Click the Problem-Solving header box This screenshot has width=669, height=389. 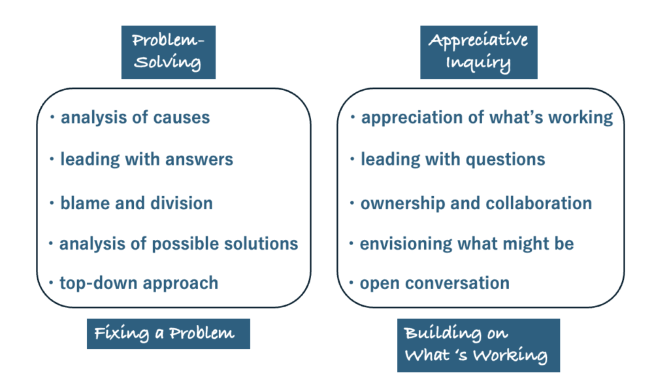click(168, 52)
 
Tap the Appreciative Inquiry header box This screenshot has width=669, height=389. click(478, 52)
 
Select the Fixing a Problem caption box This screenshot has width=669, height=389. click(168, 333)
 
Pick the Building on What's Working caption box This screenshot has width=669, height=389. click(478, 345)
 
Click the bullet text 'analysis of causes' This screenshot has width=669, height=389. click(135, 118)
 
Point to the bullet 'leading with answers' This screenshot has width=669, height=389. click(146, 159)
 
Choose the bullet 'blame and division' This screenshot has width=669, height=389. click(137, 203)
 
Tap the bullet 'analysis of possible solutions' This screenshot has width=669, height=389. click(178, 244)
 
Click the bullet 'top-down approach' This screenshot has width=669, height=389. click(139, 283)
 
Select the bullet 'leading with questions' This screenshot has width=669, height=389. click(453, 159)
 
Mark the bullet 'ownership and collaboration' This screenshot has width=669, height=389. click(476, 203)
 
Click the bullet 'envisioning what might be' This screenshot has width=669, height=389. click(466, 244)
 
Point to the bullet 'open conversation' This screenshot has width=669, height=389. click(434, 283)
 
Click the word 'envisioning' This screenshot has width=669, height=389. click(400, 245)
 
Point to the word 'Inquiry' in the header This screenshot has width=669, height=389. click(479, 63)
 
